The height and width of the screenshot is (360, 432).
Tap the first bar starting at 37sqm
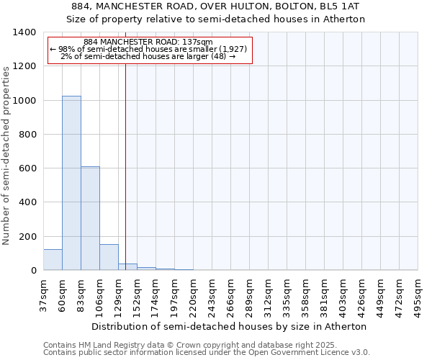(53, 260)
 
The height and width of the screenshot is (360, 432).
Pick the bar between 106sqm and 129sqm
(109, 257)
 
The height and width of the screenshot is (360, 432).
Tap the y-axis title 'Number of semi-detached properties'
(7, 156)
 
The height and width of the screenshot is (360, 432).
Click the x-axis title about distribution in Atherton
(230, 326)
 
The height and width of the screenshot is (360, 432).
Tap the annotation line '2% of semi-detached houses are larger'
(148, 56)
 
